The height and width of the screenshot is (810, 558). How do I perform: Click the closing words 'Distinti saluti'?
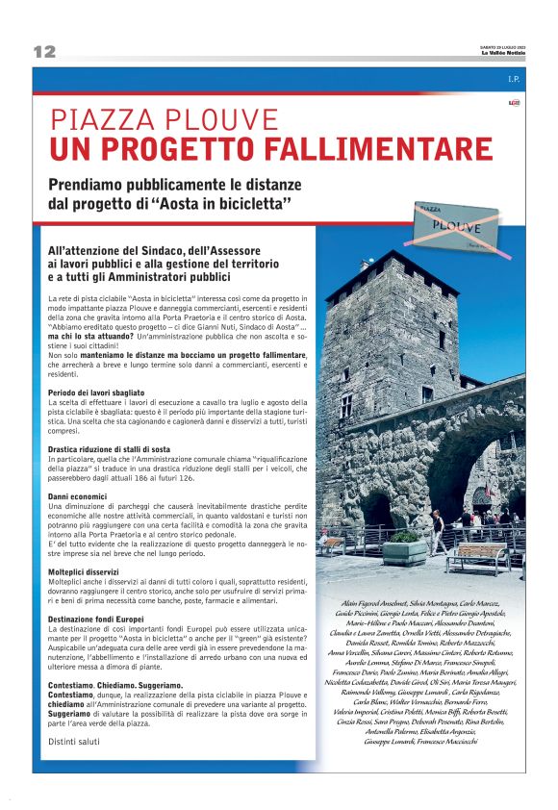(76, 741)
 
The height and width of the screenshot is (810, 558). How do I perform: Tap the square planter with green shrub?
(403, 546)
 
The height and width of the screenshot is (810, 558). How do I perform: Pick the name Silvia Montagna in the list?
(441, 602)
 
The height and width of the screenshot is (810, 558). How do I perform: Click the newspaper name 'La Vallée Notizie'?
(503, 54)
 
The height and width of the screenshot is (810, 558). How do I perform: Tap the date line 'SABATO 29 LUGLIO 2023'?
(503, 47)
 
